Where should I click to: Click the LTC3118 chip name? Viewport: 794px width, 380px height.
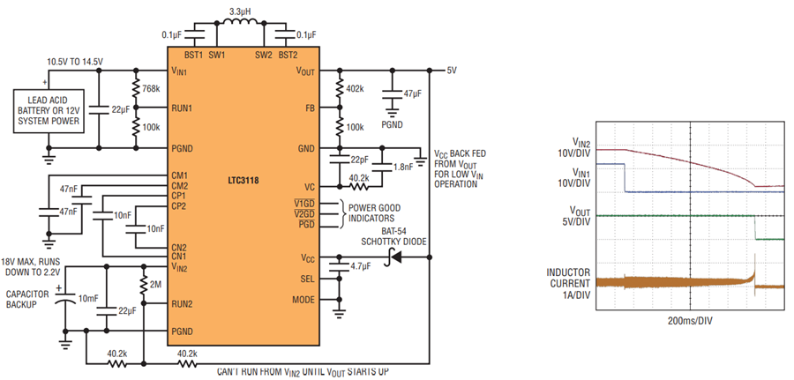pos(243,180)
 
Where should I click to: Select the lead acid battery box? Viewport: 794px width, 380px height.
pos(49,111)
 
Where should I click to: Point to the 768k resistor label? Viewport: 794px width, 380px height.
pos(152,89)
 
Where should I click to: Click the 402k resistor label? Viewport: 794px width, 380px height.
pos(356,89)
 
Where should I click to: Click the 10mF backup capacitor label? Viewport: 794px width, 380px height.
pos(87,298)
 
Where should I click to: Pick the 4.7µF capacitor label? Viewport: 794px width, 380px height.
pos(361,266)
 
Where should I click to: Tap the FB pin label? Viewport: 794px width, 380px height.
pos(310,108)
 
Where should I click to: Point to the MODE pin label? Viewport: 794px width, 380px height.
pos(303,300)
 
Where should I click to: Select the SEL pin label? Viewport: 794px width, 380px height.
pos(308,279)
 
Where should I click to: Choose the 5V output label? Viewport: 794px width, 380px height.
pos(452,71)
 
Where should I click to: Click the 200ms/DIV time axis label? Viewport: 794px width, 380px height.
pos(690,321)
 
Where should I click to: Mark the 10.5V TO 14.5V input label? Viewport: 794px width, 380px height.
pos(75,62)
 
